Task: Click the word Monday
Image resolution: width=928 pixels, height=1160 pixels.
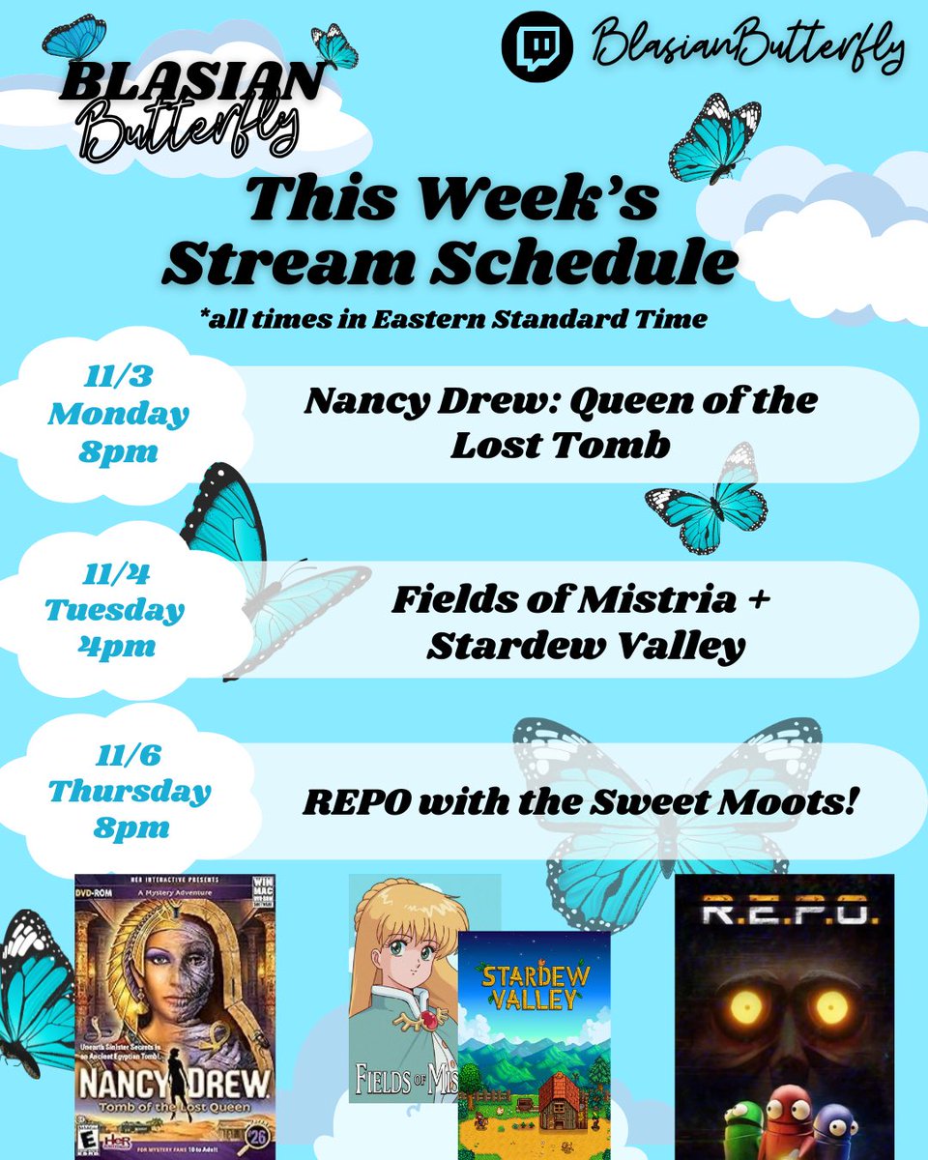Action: point(118,416)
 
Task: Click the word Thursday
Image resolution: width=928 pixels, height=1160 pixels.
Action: point(130,792)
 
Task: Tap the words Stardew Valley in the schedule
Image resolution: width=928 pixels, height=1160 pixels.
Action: point(586,646)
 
